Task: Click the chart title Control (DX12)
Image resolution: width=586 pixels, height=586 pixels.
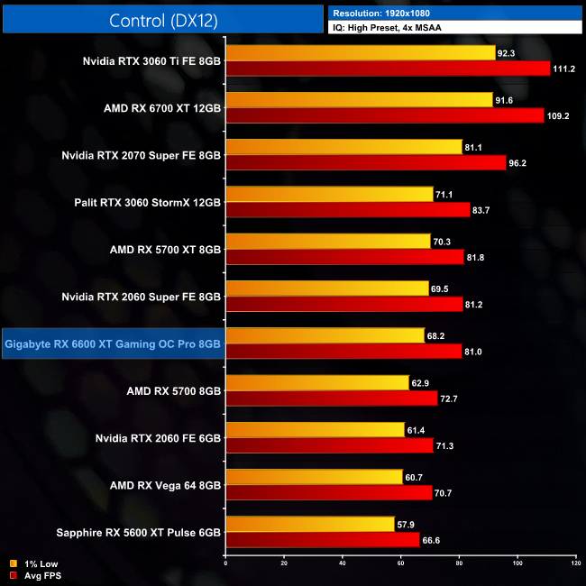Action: click(x=162, y=20)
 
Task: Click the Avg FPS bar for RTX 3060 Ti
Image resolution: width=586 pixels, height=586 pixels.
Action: click(x=388, y=69)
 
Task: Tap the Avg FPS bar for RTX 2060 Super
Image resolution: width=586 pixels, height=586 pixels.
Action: click(x=343, y=304)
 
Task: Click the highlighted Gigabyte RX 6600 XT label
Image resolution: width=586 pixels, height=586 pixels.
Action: click(x=113, y=343)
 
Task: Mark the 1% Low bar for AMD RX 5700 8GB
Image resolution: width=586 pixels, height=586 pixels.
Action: click(x=316, y=382)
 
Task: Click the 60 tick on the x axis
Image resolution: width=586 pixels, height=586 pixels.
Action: click(x=400, y=563)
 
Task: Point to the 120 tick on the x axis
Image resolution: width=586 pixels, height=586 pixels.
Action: click(x=575, y=563)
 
